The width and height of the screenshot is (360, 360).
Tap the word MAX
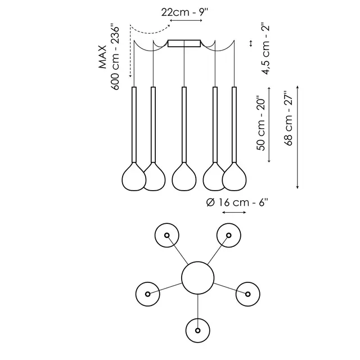pyautogui.click(x=103, y=56)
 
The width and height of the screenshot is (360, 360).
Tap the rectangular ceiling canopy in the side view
pyautogui.click(x=184, y=44)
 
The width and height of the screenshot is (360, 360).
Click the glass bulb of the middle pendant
pyautogui.click(x=183, y=176)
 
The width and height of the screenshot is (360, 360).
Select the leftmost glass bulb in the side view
pyautogui.click(x=134, y=176)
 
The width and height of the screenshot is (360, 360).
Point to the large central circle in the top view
pyautogui.click(x=198, y=278)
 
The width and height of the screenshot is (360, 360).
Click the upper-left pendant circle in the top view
pyautogui.click(x=167, y=235)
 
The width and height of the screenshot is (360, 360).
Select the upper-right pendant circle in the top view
pyautogui.click(x=229, y=235)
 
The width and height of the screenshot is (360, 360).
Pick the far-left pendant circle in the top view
pyautogui.click(x=148, y=294)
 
